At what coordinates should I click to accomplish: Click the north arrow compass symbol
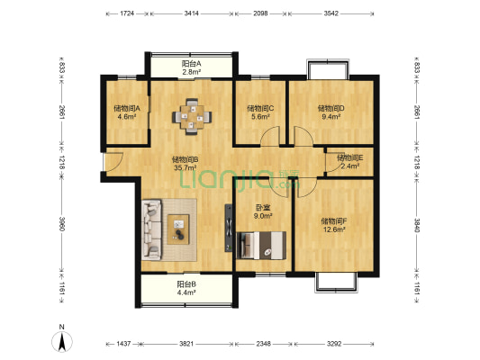[x=62, y=342]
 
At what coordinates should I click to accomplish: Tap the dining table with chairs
[x=192, y=116]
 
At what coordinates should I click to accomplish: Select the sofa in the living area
[x=152, y=230]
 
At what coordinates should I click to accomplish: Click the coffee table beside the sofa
[x=178, y=229]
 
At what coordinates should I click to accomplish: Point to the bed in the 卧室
[x=261, y=246]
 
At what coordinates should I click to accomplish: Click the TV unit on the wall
[x=229, y=229]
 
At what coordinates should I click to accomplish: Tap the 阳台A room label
[x=191, y=64]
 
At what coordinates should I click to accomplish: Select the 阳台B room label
[x=186, y=284]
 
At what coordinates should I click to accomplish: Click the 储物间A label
[x=127, y=108]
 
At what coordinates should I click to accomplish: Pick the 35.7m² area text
[x=186, y=167]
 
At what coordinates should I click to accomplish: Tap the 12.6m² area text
[x=335, y=229]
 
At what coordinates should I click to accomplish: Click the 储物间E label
[x=350, y=158]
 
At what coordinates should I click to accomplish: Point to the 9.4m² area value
[x=331, y=116]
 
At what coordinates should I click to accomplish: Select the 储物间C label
[x=260, y=108]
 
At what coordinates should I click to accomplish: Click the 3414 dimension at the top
[x=192, y=13]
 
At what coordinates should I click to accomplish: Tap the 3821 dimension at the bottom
[x=186, y=344]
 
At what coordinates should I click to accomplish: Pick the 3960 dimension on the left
[x=62, y=224]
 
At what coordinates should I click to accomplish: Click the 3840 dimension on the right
[x=417, y=225]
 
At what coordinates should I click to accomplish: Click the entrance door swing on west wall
[x=113, y=161]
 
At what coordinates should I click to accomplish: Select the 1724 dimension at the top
[x=127, y=13]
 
